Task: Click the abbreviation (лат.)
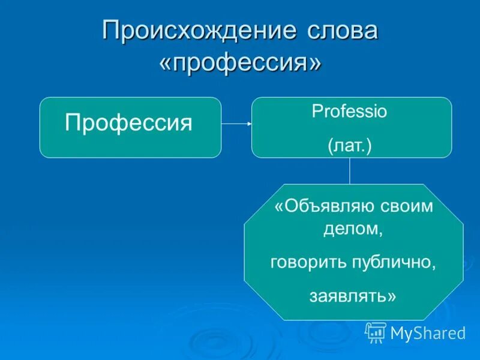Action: (x=350, y=146)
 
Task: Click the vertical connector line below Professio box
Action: (x=350, y=171)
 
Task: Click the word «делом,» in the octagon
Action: (x=353, y=229)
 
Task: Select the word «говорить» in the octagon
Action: (x=307, y=262)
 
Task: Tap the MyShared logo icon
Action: (x=376, y=332)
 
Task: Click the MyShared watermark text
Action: (x=427, y=333)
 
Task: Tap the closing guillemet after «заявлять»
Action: (x=392, y=296)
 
